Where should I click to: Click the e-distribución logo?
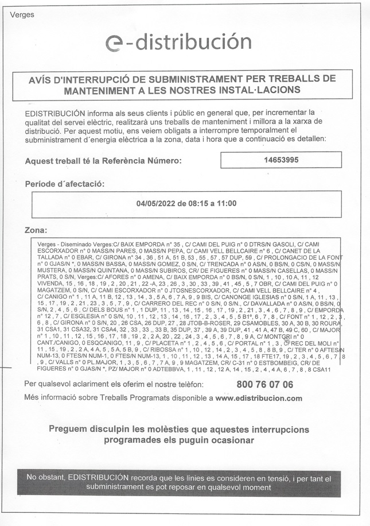pos(178,42)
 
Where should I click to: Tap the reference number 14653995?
pos(281,160)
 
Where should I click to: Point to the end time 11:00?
pos(227,204)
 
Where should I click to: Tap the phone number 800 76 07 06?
pos(264,384)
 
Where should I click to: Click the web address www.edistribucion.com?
pos(259,398)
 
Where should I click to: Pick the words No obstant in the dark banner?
pos(45,478)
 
